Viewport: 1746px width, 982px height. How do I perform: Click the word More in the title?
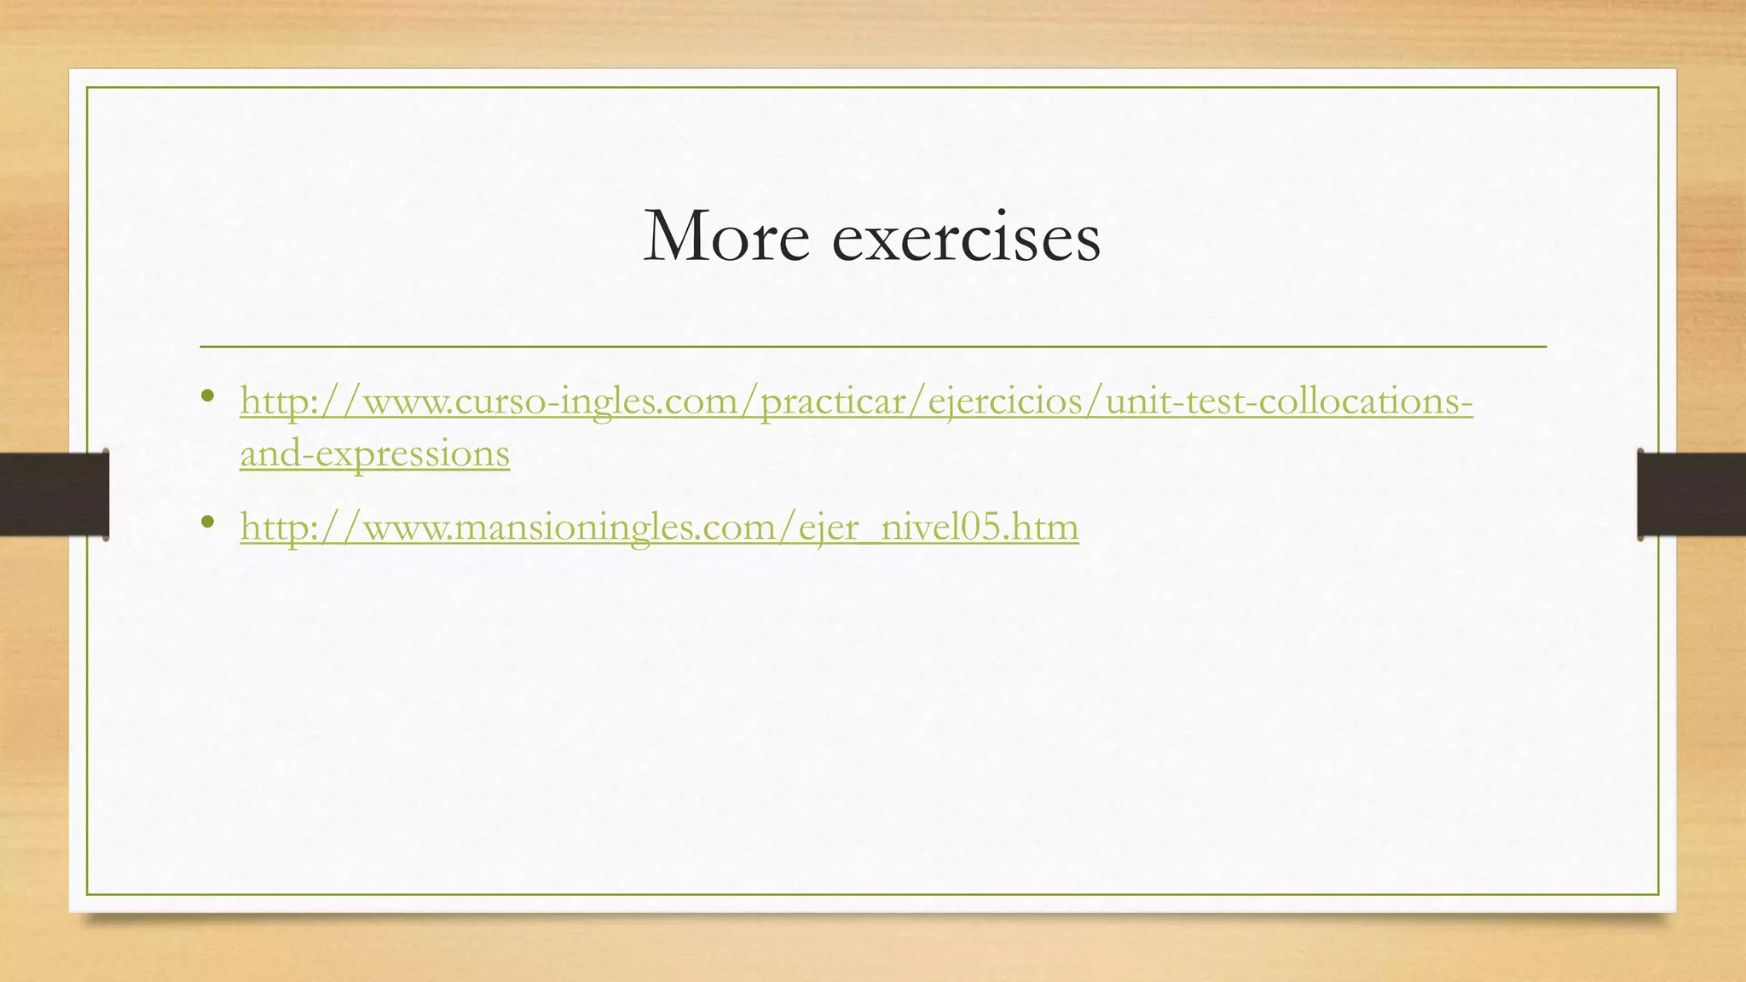click(x=726, y=237)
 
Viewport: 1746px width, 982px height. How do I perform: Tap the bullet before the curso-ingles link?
click(x=207, y=396)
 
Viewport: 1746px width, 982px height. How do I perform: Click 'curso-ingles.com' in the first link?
click(x=597, y=401)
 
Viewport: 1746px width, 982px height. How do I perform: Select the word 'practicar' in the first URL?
click(x=835, y=401)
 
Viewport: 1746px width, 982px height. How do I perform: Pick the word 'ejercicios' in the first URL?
click(x=1006, y=401)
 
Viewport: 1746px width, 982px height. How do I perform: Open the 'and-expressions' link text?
click(x=375, y=453)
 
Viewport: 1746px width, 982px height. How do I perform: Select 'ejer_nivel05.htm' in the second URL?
click(x=939, y=527)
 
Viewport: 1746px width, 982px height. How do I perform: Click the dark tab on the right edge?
click(x=1691, y=494)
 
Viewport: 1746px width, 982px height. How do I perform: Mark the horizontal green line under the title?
click(x=873, y=347)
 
